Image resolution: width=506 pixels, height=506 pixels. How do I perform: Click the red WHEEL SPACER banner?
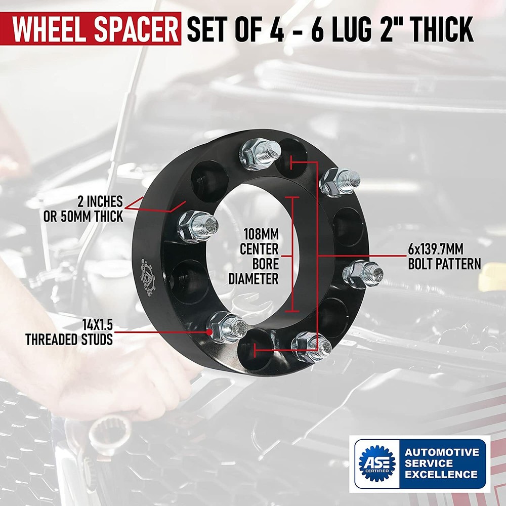click(x=91, y=28)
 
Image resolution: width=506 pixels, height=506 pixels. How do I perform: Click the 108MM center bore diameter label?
click(x=254, y=257)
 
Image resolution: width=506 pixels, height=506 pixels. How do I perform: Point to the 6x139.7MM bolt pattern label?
click(x=444, y=257)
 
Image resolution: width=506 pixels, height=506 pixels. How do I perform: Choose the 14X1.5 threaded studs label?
click(x=69, y=332)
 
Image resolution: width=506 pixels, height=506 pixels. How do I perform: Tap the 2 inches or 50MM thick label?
click(x=83, y=209)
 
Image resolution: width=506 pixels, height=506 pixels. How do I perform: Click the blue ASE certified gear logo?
click(x=377, y=463)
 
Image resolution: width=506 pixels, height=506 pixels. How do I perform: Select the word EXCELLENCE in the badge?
click(x=441, y=475)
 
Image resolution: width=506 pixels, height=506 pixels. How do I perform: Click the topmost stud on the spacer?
click(x=261, y=154)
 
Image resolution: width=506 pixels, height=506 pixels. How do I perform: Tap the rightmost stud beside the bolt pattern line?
click(x=363, y=274)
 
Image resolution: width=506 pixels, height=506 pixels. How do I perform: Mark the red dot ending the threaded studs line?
click(x=210, y=331)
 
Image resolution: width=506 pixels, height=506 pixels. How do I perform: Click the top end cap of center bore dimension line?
click(x=292, y=197)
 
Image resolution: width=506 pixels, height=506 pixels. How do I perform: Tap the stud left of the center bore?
click(x=197, y=227)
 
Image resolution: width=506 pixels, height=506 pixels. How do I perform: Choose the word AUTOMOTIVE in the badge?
click(x=442, y=452)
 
